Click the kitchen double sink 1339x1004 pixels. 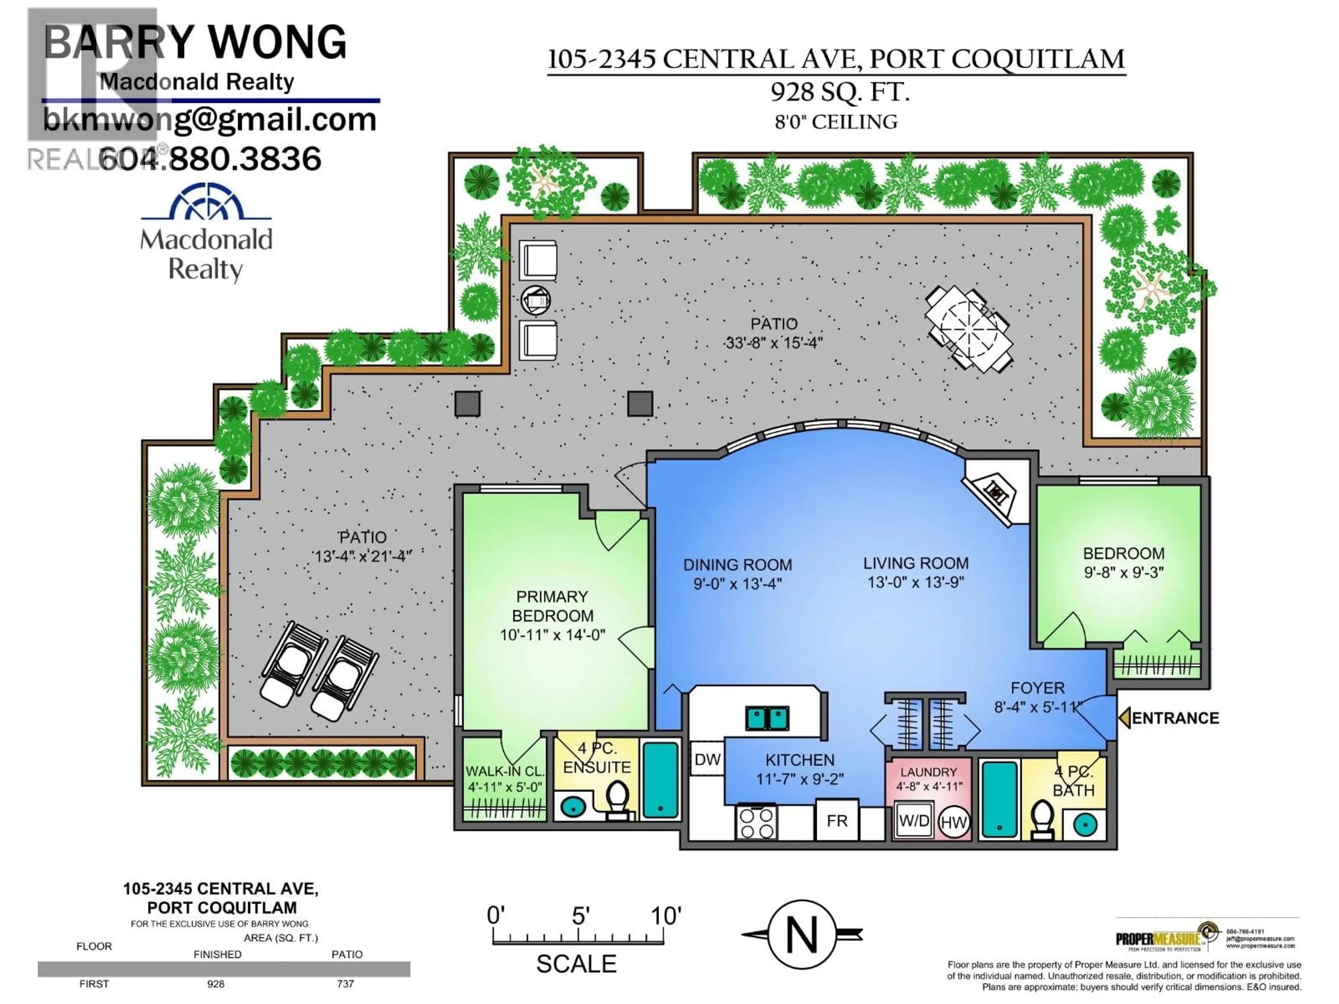click(767, 718)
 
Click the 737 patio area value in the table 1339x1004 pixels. click(345, 983)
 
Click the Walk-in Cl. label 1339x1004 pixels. click(505, 771)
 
